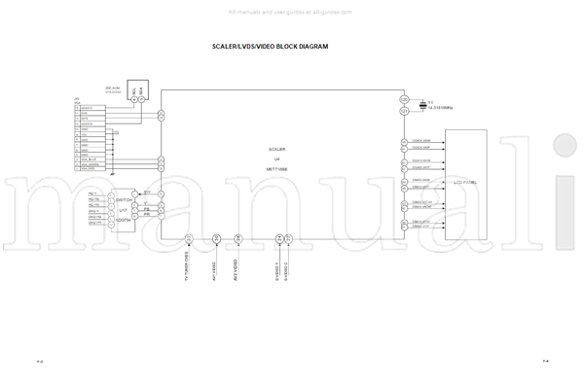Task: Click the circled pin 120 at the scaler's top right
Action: pos(404,98)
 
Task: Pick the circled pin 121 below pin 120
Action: pos(404,111)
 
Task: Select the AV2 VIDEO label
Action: pos(236,268)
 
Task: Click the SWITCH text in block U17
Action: pos(124,200)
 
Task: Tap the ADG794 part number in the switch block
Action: pos(124,221)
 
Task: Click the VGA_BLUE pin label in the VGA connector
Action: pos(90,159)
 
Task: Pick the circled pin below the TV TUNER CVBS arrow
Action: pos(189,238)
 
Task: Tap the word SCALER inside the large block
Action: pos(277,149)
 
